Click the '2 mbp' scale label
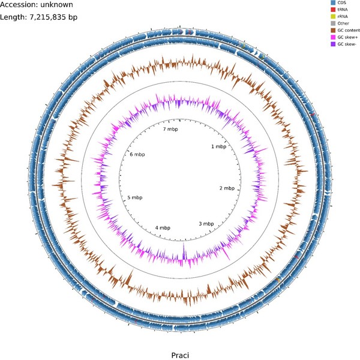[x=228, y=188]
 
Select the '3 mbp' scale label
[x=206, y=224]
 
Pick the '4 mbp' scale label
[x=163, y=228]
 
